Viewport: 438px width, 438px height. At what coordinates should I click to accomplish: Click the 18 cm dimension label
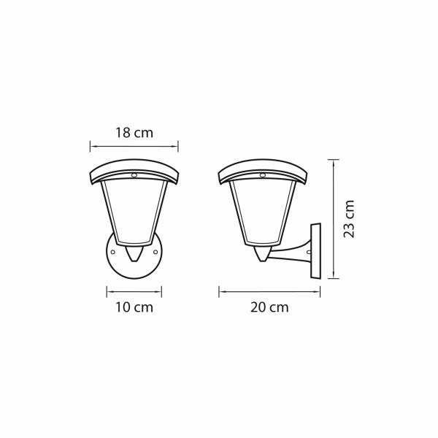[x=134, y=133]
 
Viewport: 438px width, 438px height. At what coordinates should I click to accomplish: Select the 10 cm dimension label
[x=134, y=307]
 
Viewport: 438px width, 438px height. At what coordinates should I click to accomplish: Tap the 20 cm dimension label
[x=269, y=307]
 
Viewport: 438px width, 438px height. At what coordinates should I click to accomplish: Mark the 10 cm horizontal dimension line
[x=134, y=291]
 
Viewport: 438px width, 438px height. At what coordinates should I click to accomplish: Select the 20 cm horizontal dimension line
[x=269, y=291]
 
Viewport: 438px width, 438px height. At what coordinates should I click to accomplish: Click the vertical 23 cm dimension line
[x=334, y=219]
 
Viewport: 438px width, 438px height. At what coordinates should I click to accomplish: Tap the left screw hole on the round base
[x=113, y=253]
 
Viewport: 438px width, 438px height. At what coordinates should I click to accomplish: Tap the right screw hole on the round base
[x=156, y=253]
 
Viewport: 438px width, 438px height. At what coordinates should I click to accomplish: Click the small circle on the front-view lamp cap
[x=134, y=175]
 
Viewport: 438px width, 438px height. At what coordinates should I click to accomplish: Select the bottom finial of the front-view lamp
[x=134, y=255]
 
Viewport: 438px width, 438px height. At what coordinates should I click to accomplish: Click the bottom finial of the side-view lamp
[x=262, y=255]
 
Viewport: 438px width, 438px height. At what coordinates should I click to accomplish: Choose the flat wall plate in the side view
[x=315, y=250]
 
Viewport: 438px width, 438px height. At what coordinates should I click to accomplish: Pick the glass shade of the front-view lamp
[x=134, y=212]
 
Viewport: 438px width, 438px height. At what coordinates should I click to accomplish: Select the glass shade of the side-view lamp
[x=261, y=212]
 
